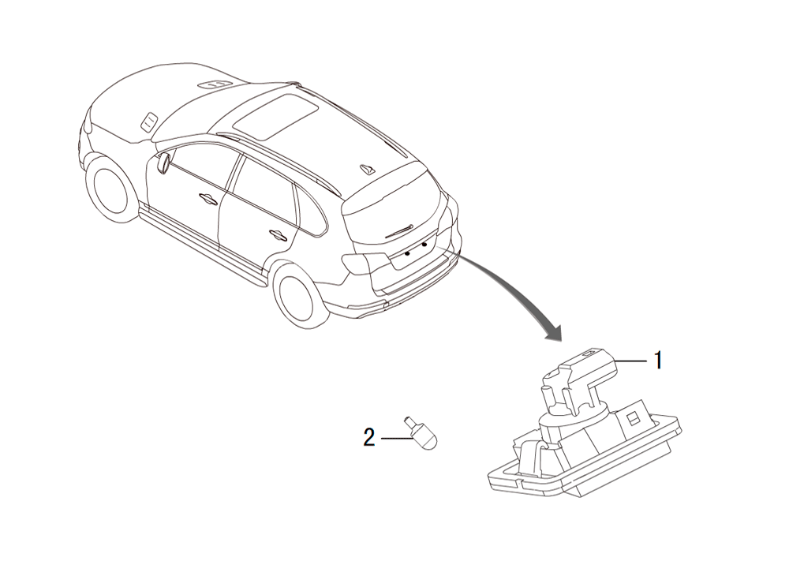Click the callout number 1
[x=658, y=361]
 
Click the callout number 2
[x=369, y=438]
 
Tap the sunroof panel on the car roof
[x=275, y=118]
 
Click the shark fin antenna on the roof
[x=368, y=169]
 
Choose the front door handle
[x=208, y=198]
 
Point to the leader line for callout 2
[x=397, y=439]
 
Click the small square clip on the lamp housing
[x=633, y=417]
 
